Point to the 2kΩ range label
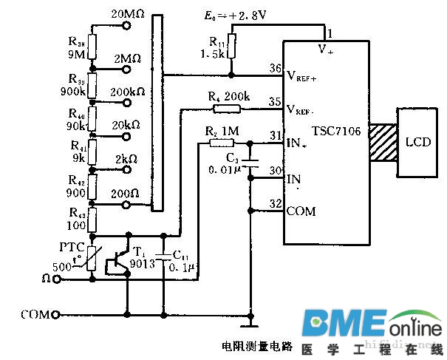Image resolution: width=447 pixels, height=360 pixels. coord(126,160)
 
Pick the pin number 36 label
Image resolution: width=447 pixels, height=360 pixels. coord(276,69)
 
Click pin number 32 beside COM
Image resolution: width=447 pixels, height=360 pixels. coord(276,204)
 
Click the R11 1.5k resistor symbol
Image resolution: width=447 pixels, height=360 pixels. coord(232,46)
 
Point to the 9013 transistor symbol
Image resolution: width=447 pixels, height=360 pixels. coord(118,261)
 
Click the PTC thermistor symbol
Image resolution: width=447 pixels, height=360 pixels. coord(92,257)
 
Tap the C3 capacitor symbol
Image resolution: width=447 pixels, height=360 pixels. coord(251,161)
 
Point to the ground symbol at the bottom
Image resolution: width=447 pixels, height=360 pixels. coord(252,324)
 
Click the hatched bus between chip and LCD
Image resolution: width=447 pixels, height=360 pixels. coord(383,140)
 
